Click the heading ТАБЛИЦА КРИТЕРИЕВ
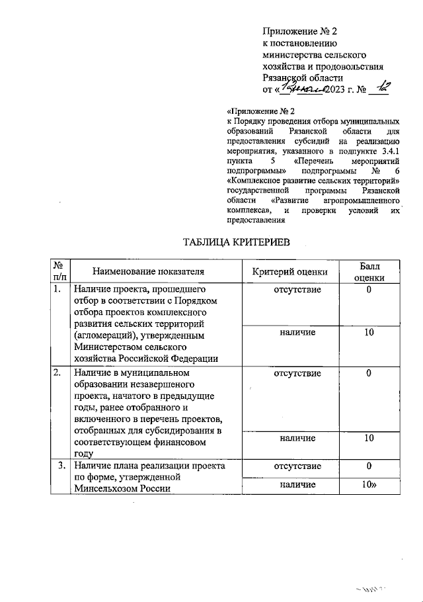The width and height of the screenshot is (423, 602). tap(236, 243)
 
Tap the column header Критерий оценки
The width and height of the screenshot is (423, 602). tap(290, 271)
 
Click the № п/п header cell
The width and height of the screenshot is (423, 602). tap(58, 271)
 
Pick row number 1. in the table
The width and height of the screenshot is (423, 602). tap(58, 289)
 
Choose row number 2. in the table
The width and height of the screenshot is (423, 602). tap(58, 373)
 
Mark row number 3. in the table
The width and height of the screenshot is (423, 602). tap(60, 466)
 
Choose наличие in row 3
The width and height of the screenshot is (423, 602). tap(297, 485)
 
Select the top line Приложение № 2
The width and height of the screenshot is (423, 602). tap(300, 30)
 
